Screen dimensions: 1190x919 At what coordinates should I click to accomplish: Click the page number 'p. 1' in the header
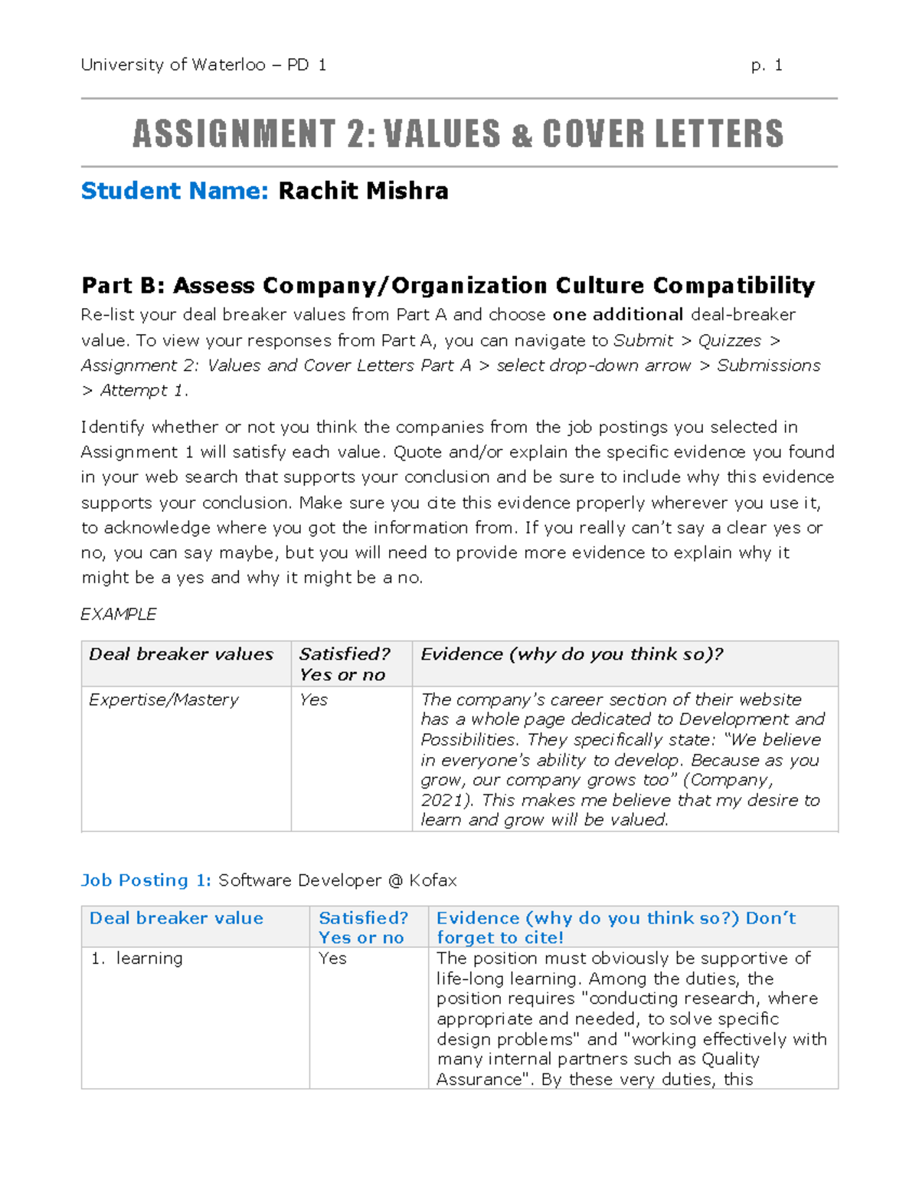coord(767,65)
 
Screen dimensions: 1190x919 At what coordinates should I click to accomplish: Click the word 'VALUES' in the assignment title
coord(442,133)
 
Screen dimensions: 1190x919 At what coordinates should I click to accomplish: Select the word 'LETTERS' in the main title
coord(719,133)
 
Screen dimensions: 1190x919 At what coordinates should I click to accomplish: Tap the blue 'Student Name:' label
coord(175,191)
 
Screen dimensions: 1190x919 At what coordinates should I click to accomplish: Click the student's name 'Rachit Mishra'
coord(363,191)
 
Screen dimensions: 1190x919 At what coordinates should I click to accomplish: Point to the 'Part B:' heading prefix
coord(123,286)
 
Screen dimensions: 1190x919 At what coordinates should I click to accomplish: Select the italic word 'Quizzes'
coord(729,340)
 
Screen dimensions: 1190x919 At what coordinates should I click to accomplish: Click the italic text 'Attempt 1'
coord(142,391)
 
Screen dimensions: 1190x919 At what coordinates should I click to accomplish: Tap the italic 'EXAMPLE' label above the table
coord(119,615)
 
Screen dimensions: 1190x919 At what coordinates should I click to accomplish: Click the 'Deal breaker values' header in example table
coord(181,654)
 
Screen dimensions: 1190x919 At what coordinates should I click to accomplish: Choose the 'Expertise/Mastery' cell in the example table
coord(164,700)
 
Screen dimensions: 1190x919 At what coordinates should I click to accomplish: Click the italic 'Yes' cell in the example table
coord(313,700)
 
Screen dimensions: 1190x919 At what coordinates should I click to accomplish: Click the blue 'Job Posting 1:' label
coord(146,880)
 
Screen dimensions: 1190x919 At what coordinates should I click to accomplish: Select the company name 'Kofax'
coord(433,880)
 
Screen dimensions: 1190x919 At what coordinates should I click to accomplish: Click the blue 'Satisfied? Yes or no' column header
coord(363,928)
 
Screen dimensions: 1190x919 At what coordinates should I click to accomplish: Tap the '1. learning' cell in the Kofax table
coord(138,959)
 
